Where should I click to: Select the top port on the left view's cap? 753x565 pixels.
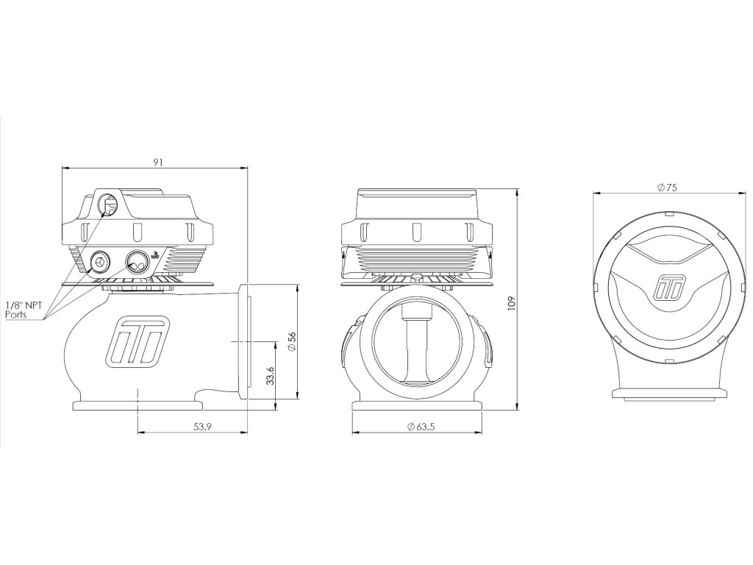(107, 204)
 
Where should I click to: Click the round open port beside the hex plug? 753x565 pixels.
(136, 260)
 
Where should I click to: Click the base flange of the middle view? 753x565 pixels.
(416, 407)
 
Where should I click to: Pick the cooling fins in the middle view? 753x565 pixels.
(415, 259)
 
